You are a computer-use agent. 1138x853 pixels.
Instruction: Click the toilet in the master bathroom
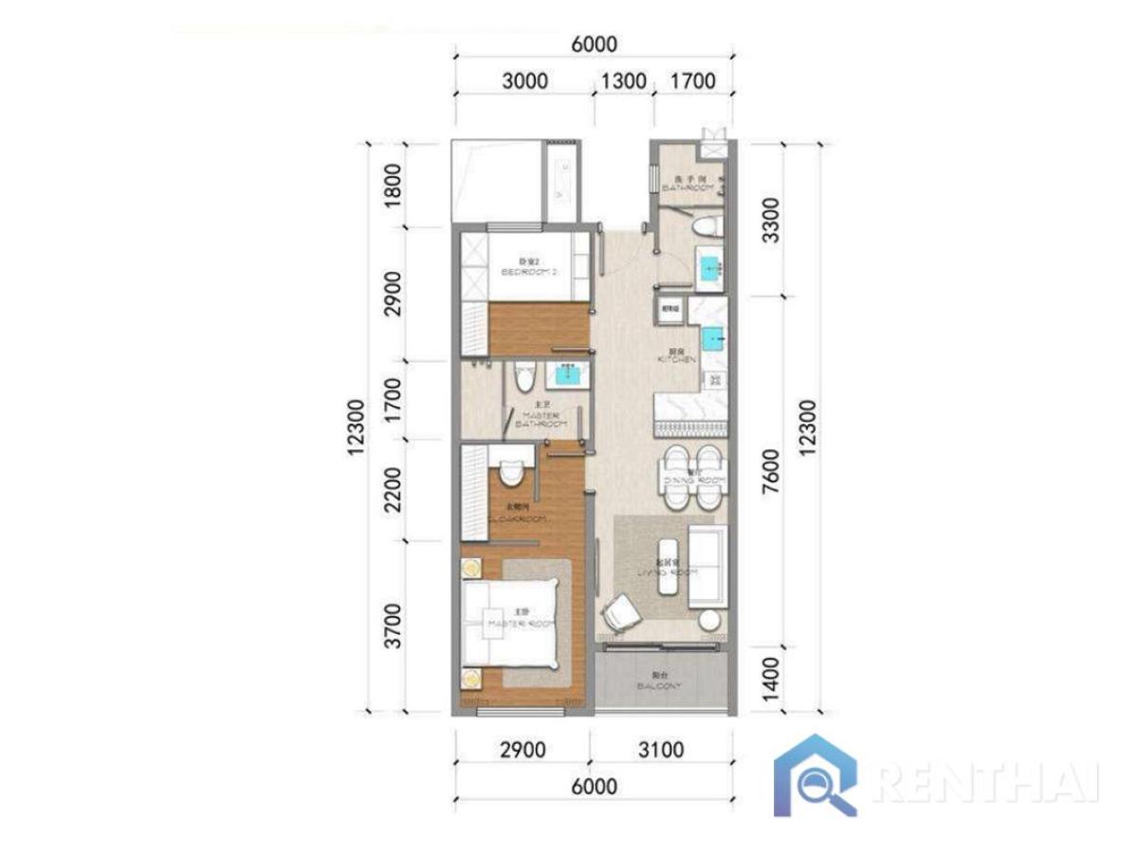click(520, 378)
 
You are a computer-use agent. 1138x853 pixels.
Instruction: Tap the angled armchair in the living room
click(621, 609)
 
